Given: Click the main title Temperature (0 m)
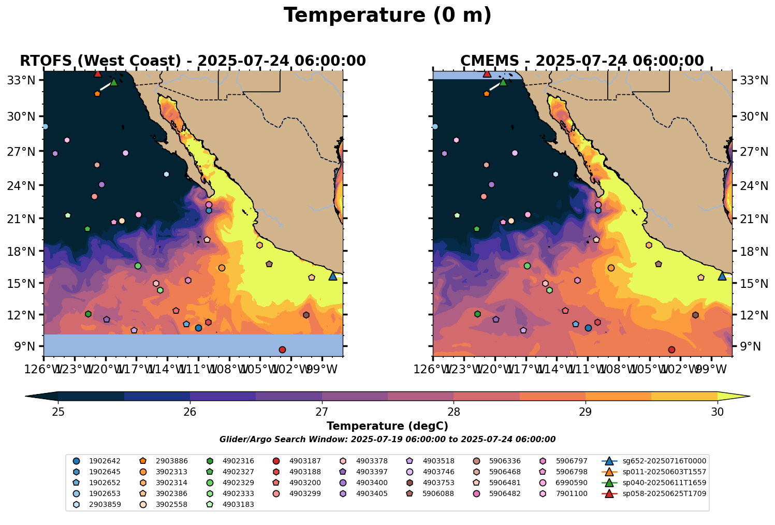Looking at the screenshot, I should [x=387, y=16].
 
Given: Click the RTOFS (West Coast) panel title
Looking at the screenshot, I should [x=193, y=61].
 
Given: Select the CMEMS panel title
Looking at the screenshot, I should [x=582, y=61].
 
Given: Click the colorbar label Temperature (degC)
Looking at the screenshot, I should [x=387, y=426].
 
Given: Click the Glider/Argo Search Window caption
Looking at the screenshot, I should [x=387, y=440].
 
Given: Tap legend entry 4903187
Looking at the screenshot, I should [x=305, y=461].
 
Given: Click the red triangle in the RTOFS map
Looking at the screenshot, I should [x=97, y=74].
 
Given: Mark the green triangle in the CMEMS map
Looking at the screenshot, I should [x=503, y=82].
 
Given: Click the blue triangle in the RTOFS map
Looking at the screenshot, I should [x=333, y=276].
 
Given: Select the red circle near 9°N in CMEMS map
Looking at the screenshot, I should [x=671, y=350].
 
